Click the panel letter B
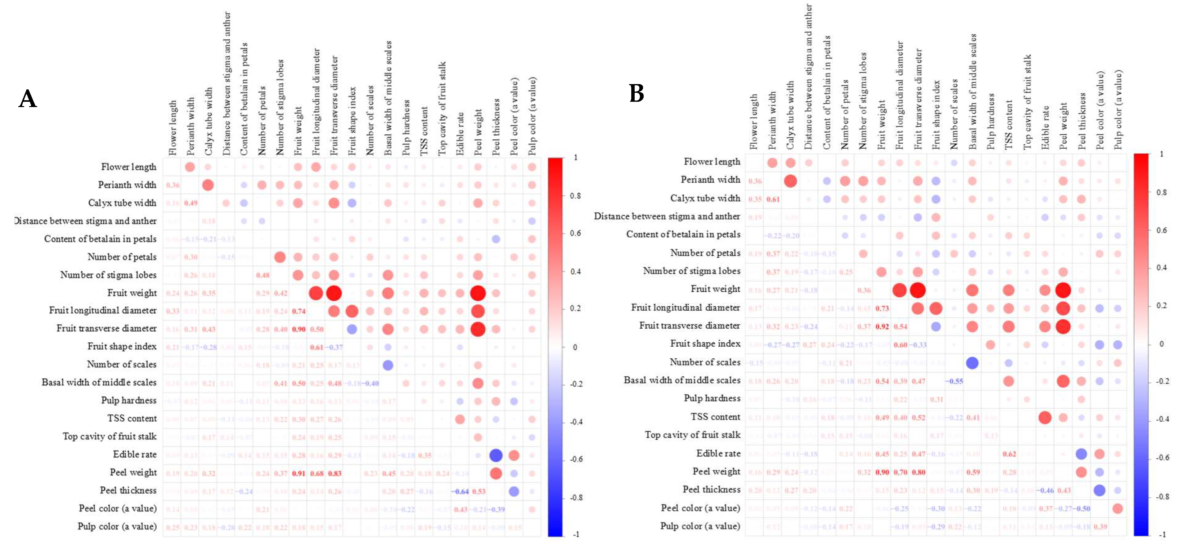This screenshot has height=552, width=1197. tap(636, 93)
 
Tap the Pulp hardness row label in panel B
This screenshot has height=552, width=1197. tap(712, 398)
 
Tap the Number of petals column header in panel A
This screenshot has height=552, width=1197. tap(262, 121)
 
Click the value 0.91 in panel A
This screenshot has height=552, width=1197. tap(298, 473)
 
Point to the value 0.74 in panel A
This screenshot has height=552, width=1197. tap(298, 311)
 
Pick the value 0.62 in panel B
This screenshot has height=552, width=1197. tap(1009, 454)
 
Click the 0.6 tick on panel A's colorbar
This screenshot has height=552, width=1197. tap(575, 233)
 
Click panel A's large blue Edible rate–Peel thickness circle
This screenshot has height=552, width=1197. tap(496, 456)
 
